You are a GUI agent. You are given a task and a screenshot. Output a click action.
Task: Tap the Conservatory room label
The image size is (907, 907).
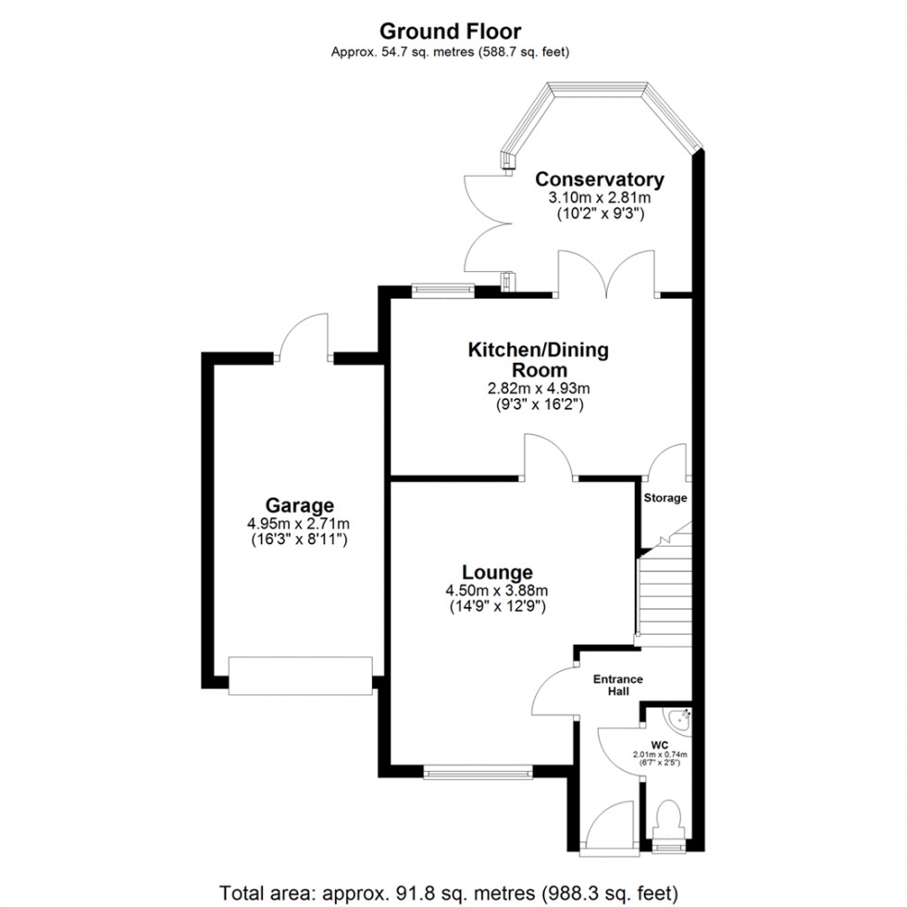(x=600, y=180)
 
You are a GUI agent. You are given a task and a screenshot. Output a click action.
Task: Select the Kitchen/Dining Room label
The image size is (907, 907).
(x=538, y=360)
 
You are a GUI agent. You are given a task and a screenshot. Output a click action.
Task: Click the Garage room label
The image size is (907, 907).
(x=299, y=505)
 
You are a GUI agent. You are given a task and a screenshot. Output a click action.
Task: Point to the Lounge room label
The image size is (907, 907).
(x=498, y=573)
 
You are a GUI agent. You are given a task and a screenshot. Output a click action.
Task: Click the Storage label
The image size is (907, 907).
(x=665, y=498)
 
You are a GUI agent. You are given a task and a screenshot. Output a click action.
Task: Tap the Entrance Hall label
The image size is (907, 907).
(x=617, y=686)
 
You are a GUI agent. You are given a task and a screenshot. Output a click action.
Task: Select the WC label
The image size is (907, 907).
(x=660, y=744)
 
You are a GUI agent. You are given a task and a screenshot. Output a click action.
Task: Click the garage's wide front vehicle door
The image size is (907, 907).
(x=301, y=676)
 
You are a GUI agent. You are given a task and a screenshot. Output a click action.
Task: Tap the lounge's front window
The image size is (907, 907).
(x=478, y=770)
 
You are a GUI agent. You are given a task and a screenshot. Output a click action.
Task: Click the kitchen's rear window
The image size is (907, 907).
(x=442, y=289)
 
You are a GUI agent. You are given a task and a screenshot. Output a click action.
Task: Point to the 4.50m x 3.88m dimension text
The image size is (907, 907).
(x=498, y=591)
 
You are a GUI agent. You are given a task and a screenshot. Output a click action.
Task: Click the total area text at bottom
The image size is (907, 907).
(x=453, y=893)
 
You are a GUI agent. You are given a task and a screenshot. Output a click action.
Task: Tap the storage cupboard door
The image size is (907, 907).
(x=668, y=462)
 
